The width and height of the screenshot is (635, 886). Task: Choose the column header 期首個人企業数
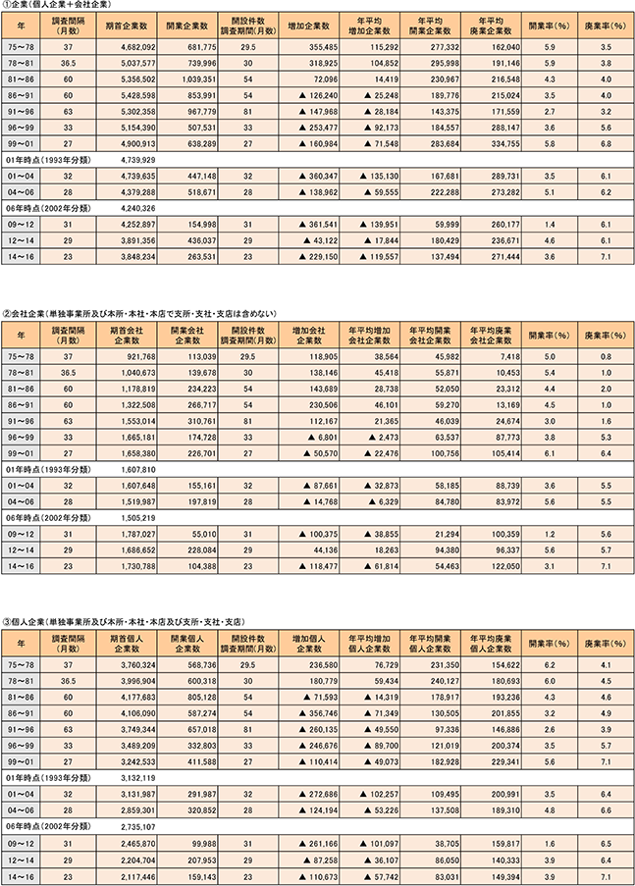tap(121, 646)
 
